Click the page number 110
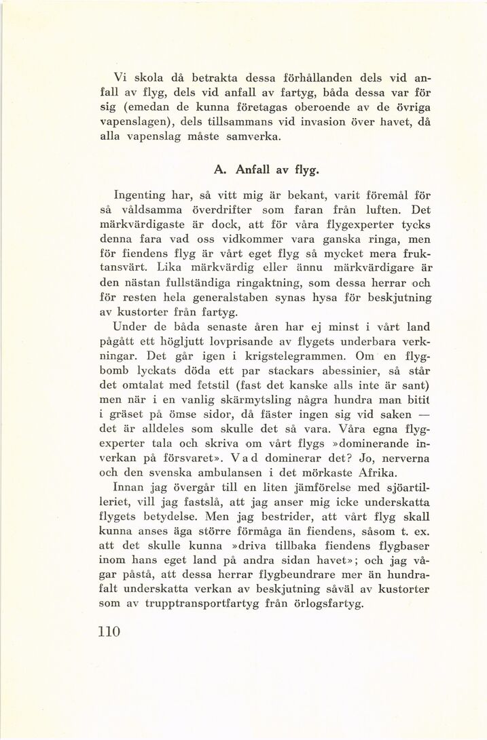(109, 632)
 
